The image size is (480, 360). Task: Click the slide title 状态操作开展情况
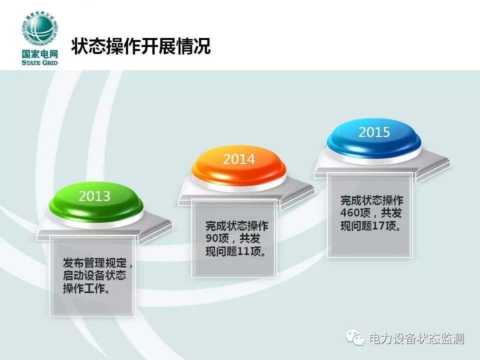click(x=141, y=46)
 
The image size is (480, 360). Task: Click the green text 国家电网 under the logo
click(x=40, y=54)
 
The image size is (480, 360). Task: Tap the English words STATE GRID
click(x=40, y=63)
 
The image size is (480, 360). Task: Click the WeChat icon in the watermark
click(x=355, y=337)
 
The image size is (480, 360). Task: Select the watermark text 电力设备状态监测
click(x=416, y=338)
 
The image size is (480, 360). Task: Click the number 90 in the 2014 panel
click(x=211, y=238)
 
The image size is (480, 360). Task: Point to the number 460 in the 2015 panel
click(x=349, y=212)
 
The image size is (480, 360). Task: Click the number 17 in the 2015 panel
click(x=378, y=226)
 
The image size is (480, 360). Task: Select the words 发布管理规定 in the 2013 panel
click(x=94, y=262)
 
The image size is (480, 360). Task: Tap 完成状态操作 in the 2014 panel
click(x=237, y=226)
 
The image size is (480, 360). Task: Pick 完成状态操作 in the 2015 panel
click(x=371, y=200)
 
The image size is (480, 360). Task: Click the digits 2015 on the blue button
click(x=374, y=132)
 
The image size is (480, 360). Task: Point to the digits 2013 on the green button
click(x=94, y=196)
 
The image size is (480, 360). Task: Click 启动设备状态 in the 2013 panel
click(x=94, y=275)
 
